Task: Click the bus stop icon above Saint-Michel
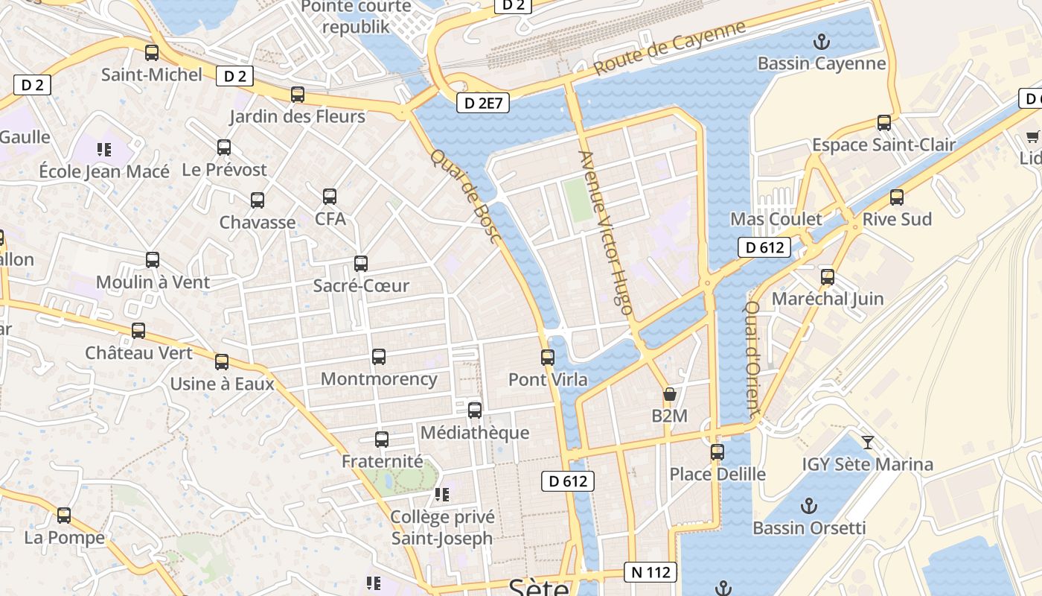152,53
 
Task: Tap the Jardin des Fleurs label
297,116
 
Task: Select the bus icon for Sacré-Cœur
361,264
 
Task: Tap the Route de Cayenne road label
670,48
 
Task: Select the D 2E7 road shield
482,103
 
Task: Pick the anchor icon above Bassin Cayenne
822,42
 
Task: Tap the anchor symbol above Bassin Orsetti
809,507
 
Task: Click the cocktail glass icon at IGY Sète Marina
868,443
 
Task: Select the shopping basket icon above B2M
670,394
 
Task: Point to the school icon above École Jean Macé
104,150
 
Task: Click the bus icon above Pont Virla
548,358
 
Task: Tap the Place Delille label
717,474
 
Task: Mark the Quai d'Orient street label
752,358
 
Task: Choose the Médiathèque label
475,433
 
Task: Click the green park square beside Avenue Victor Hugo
578,199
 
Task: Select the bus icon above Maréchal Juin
827,278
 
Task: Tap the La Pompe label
65,537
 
